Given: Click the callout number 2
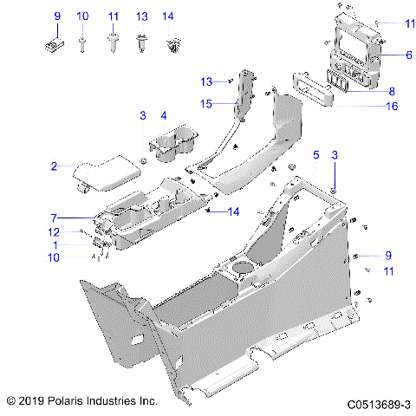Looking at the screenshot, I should pyautogui.click(x=54, y=166).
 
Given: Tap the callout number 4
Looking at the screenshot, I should pyautogui.click(x=163, y=115).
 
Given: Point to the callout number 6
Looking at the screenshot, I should pyautogui.click(x=409, y=55).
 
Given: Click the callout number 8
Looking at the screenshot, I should pyautogui.click(x=391, y=91).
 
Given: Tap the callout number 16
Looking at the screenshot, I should pyautogui.click(x=391, y=106).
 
